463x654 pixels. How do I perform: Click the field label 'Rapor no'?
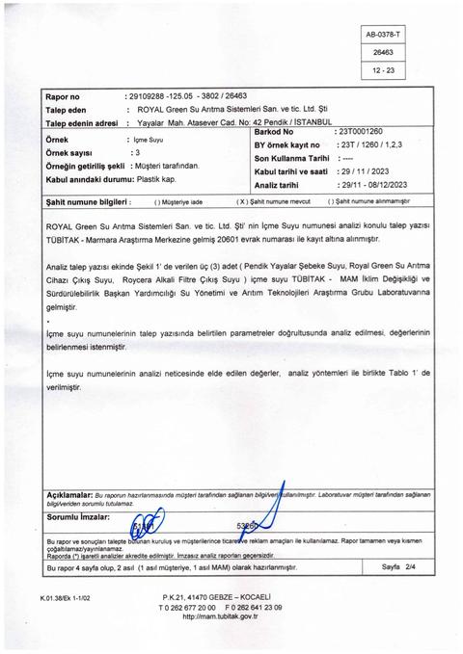pyautogui.click(x=66, y=98)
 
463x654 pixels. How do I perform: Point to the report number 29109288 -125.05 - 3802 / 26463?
pyautogui.click(x=187, y=98)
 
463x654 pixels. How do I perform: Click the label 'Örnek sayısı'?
pyautogui.click(x=71, y=152)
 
